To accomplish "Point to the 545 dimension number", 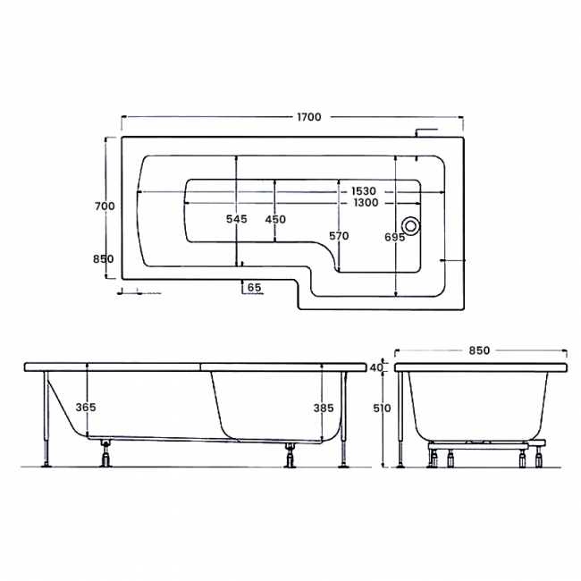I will tap(237, 219).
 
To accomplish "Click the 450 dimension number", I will tap(275, 219).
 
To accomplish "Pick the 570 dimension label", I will tap(338, 236).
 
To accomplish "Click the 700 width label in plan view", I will tap(105, 206).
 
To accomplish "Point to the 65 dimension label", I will tap(254, 287).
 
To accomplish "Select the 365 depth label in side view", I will tap(86, 407).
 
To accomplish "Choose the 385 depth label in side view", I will tap(324, 407).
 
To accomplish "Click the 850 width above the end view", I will tap(479, 350).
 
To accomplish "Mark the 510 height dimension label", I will tap(380, 407).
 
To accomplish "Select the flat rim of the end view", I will tap(483, 367).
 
